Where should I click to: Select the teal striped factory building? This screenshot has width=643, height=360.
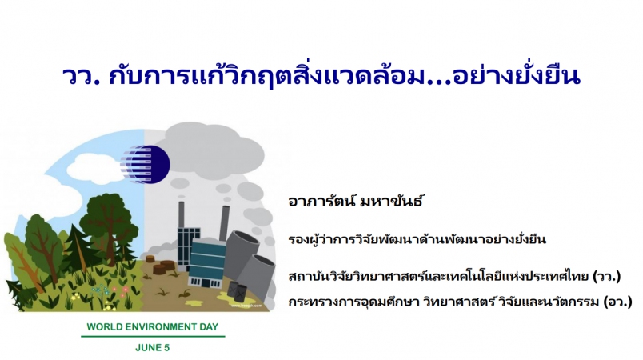207,263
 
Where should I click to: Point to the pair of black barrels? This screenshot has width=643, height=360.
238,292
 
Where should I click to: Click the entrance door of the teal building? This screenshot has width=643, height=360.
205,282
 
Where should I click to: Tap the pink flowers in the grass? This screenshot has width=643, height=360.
121,290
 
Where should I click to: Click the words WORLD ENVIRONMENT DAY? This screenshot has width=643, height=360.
153,326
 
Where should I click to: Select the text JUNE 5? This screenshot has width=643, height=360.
152,348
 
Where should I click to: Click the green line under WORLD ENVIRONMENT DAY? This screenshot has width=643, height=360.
153,337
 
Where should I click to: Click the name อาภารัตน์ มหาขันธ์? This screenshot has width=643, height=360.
355,202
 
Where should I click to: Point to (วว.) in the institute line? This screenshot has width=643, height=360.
607,276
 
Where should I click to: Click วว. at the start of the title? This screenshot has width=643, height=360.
82,76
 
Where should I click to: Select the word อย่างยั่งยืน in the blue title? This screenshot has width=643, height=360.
517,74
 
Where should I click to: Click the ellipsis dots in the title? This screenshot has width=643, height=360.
439,82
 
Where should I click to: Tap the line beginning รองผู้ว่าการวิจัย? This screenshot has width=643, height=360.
417,238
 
